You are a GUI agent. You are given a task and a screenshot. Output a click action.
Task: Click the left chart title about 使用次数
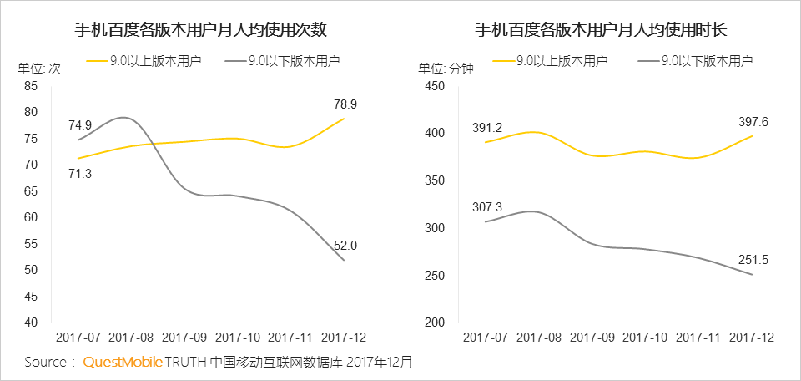pos(200,31)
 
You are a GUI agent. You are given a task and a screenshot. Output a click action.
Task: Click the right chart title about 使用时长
pos(601,31)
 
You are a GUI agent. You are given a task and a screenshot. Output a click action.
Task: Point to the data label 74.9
pos(80,125)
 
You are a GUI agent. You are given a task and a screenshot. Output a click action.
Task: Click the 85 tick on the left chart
pos(32,86)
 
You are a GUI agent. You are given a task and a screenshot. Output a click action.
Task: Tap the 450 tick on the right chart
pos(436,86)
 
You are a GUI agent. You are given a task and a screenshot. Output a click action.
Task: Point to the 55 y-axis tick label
pos(32,244)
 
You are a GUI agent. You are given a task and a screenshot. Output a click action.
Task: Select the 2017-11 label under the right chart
pos(698,337)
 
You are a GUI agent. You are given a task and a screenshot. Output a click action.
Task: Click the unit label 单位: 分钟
pos(446,69)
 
